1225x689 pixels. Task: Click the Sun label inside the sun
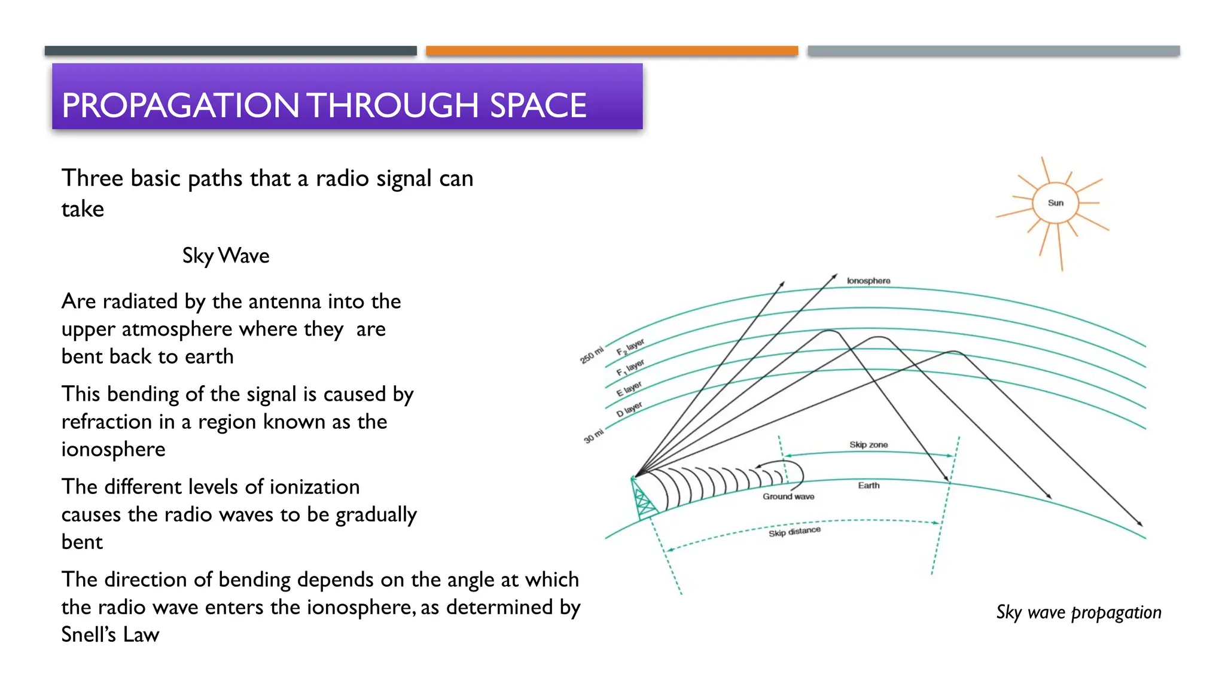[x=1056, y=203]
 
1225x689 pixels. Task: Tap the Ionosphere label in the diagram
[x=869, y=281]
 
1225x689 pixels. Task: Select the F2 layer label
[x=630, y=347]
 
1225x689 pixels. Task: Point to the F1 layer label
[x=630, y=367]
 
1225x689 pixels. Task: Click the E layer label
[x=629, y=389]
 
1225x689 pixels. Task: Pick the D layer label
[x=629, y=409]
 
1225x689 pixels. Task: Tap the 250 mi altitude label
[x=592, y=355]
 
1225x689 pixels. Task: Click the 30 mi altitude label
[x=594, y=436]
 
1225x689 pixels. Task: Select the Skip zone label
[x=869, y=445]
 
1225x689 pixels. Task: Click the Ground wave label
[x=788, y=496]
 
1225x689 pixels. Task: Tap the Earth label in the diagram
[x=869, y=485]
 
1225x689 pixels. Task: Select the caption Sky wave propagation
[x=1078, y=612]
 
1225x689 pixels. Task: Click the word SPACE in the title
[x=538, y=105]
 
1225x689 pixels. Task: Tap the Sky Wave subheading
[x=226, y=256]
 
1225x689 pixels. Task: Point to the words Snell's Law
[x=110, y=635]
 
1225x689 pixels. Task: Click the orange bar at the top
[x=612, y=51]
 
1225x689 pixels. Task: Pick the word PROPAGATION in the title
[x=181, y=105]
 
